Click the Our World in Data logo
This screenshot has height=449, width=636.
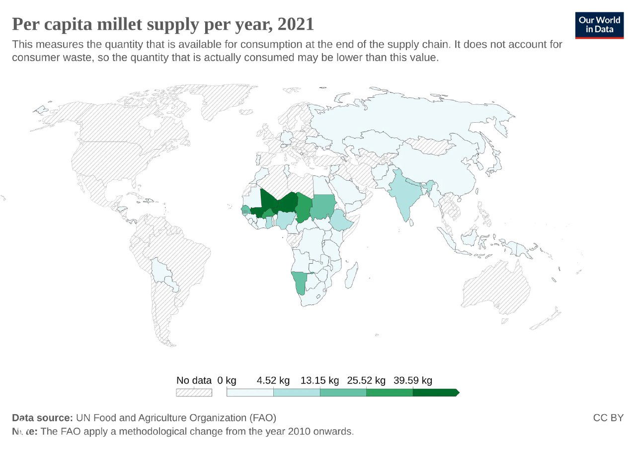pyautogui.click(x=599, y=25)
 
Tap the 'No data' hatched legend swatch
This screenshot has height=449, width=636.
pyautogui.click(x=194, y=392)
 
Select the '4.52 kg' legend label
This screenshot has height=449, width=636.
pyautogui.click(x=273, y=380)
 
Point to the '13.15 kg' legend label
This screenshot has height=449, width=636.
pyautogui.click(x=319, y=380)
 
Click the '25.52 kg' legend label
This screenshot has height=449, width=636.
pyautogui.click(x=366, y=380)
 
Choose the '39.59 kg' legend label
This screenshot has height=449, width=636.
pyautogui.click(x=413, y=380)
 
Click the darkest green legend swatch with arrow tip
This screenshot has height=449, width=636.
pyautogui.click(x=435, y=392)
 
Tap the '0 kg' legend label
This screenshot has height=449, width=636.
pyautogui.click(x=227, y=380)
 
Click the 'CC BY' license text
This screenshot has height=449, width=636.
pyautogui.click(x=608, y=418)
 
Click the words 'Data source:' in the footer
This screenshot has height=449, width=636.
pyautogui.click(x=43, y=418)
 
